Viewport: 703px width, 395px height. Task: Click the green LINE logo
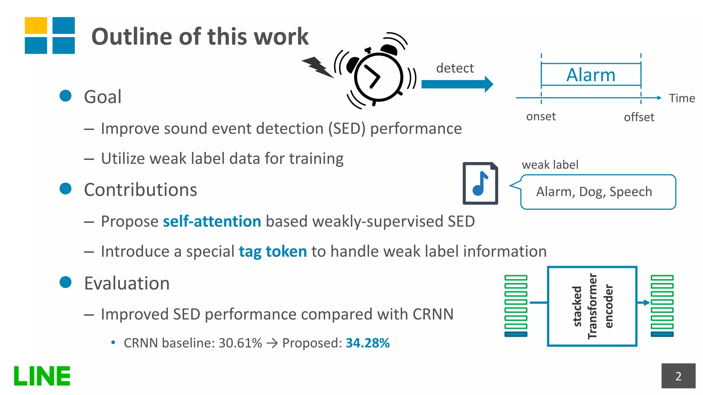[x=42, y=376]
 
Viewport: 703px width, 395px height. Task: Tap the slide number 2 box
[x=678, y=376]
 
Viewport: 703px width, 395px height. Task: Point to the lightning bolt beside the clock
[x=318, y=67]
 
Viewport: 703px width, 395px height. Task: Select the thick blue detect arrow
[x=457, y=84]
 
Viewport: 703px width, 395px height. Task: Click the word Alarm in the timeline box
[x=591, y=75]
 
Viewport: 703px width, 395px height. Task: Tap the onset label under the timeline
[x=541, y=117]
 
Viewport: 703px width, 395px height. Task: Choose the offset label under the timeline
[x=639, y=117]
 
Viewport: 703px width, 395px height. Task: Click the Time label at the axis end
[x=682, y=98]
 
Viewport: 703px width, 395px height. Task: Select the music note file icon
[x=480, y=183]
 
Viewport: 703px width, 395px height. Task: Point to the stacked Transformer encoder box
[x=592, y=306]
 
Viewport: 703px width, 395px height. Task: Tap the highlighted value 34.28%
[x=368, y=343]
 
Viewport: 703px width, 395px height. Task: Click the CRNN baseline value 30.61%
[x=240, y=343]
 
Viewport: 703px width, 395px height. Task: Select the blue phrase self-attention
[x=212, y=222]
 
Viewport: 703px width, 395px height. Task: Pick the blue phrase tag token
[x=273, y=252]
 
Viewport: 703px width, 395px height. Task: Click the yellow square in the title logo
[x=36, y=25]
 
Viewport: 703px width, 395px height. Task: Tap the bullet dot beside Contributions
[x=65, y=189]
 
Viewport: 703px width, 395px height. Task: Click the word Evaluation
[x=127, y=284]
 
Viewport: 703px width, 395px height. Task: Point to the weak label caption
[x=550, y=165]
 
